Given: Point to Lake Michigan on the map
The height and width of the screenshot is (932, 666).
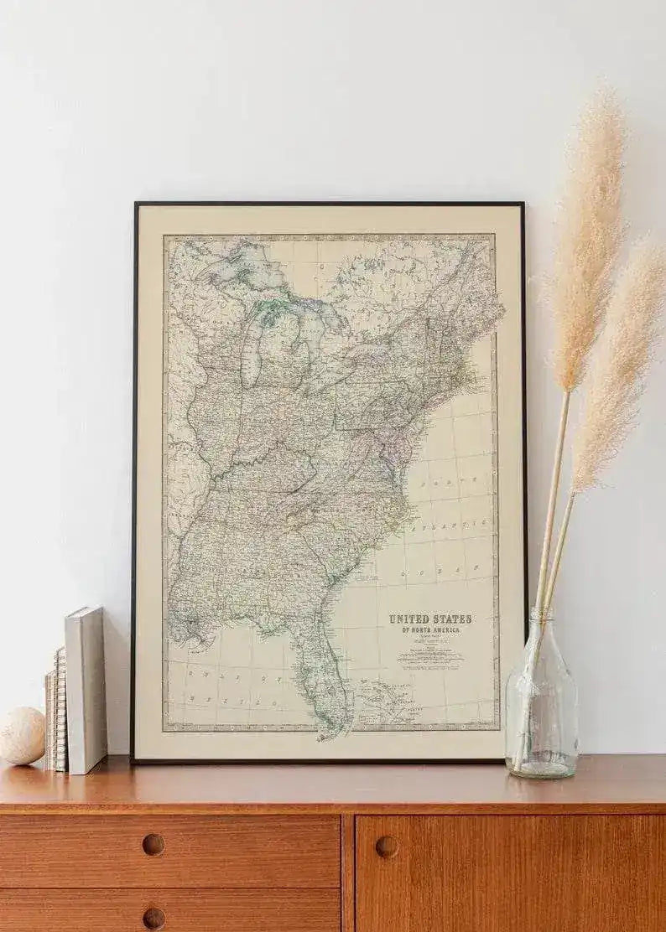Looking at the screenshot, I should coord(252,352).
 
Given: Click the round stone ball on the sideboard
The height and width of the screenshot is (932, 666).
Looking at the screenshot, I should coord(21,735).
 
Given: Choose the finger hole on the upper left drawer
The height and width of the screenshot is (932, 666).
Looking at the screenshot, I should coord(153,844).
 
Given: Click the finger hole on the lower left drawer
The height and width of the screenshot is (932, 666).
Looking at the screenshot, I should coord(153,917).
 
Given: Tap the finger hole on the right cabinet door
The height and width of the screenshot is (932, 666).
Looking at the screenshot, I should coord(387,847).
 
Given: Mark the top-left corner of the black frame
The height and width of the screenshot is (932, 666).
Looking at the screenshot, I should coord(136,205).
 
